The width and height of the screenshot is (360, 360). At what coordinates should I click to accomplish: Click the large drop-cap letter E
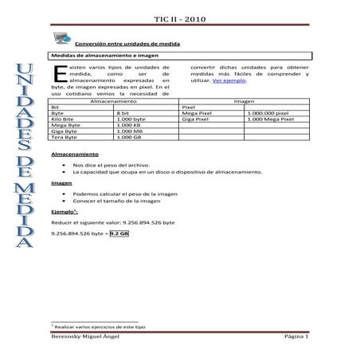coord(57,75)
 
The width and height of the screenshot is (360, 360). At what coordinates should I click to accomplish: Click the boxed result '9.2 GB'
coord(119,236)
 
